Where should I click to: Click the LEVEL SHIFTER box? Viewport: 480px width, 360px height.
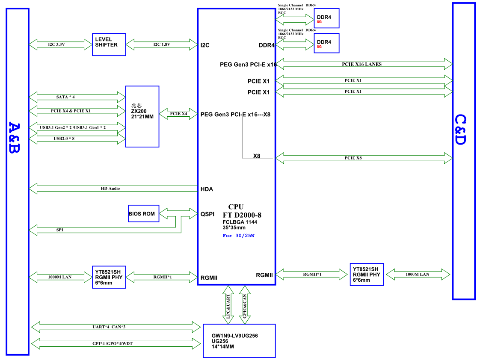[x=109, y=44]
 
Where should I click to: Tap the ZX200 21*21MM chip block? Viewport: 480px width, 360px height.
[x=142, y=116]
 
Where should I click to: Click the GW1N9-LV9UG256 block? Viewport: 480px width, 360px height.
[x=239, y=341]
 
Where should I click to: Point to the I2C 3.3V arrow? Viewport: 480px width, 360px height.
[x=60, y=44]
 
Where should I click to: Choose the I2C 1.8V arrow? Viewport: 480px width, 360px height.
[x=162, y=44]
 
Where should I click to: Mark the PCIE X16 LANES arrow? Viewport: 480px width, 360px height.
[x=364, y=64]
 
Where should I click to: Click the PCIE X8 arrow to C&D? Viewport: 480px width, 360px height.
[x=364, y=158]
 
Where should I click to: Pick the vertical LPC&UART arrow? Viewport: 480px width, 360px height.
[x=228, y=304]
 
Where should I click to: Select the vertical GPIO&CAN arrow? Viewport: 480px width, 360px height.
[x=245, y=304]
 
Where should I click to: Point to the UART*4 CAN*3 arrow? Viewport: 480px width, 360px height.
[x=116, y=327]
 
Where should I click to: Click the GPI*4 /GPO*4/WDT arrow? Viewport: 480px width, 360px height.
[x=116, y=343]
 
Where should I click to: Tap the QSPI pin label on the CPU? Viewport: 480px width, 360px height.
[x=207, y=214]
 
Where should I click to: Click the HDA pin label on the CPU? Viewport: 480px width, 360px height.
[x=207, y=189]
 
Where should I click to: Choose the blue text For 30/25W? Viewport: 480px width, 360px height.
[x=239, y=236]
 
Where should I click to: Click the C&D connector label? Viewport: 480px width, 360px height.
[x=461, y=130]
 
